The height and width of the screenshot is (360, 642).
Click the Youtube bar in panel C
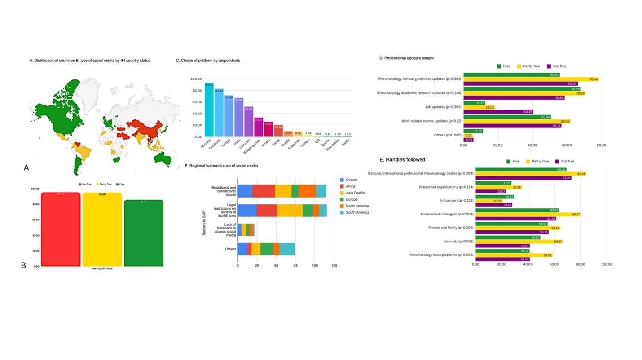[209, 110]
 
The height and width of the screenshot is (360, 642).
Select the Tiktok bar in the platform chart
[278, 131]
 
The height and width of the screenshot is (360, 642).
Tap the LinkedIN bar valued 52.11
[249, 122]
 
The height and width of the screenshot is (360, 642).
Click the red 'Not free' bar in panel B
[61, 229]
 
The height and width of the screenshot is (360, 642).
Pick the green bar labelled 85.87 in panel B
[143, 233]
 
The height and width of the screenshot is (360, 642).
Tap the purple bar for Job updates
[498, 112]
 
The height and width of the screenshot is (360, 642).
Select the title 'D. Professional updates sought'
[406, 58]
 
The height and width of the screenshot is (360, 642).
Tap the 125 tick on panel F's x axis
[334, 266]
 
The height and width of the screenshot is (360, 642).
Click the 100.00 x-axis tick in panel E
[607, 264]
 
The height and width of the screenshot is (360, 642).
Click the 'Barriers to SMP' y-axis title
[204, 218]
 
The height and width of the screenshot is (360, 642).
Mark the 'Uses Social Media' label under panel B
[102, 268]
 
